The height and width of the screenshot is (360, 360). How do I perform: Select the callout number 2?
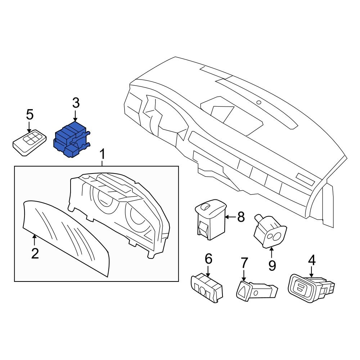tap(35, 253)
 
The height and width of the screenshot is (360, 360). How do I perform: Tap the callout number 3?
tap(75, 103)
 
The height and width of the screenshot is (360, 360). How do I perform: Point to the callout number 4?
tap(311, 260)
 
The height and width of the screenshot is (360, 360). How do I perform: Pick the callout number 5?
tap(30, 115)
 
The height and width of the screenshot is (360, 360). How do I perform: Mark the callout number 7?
tap(244, 263)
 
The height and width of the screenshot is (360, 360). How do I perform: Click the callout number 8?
tap(241, 217)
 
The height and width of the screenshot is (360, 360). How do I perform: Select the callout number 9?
tap(272, 266)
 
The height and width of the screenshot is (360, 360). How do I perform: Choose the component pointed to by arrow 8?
tap(210, 220)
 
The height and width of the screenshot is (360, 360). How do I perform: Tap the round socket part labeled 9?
tap(270, 233)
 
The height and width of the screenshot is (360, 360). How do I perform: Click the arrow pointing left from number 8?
tap(231, 217)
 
